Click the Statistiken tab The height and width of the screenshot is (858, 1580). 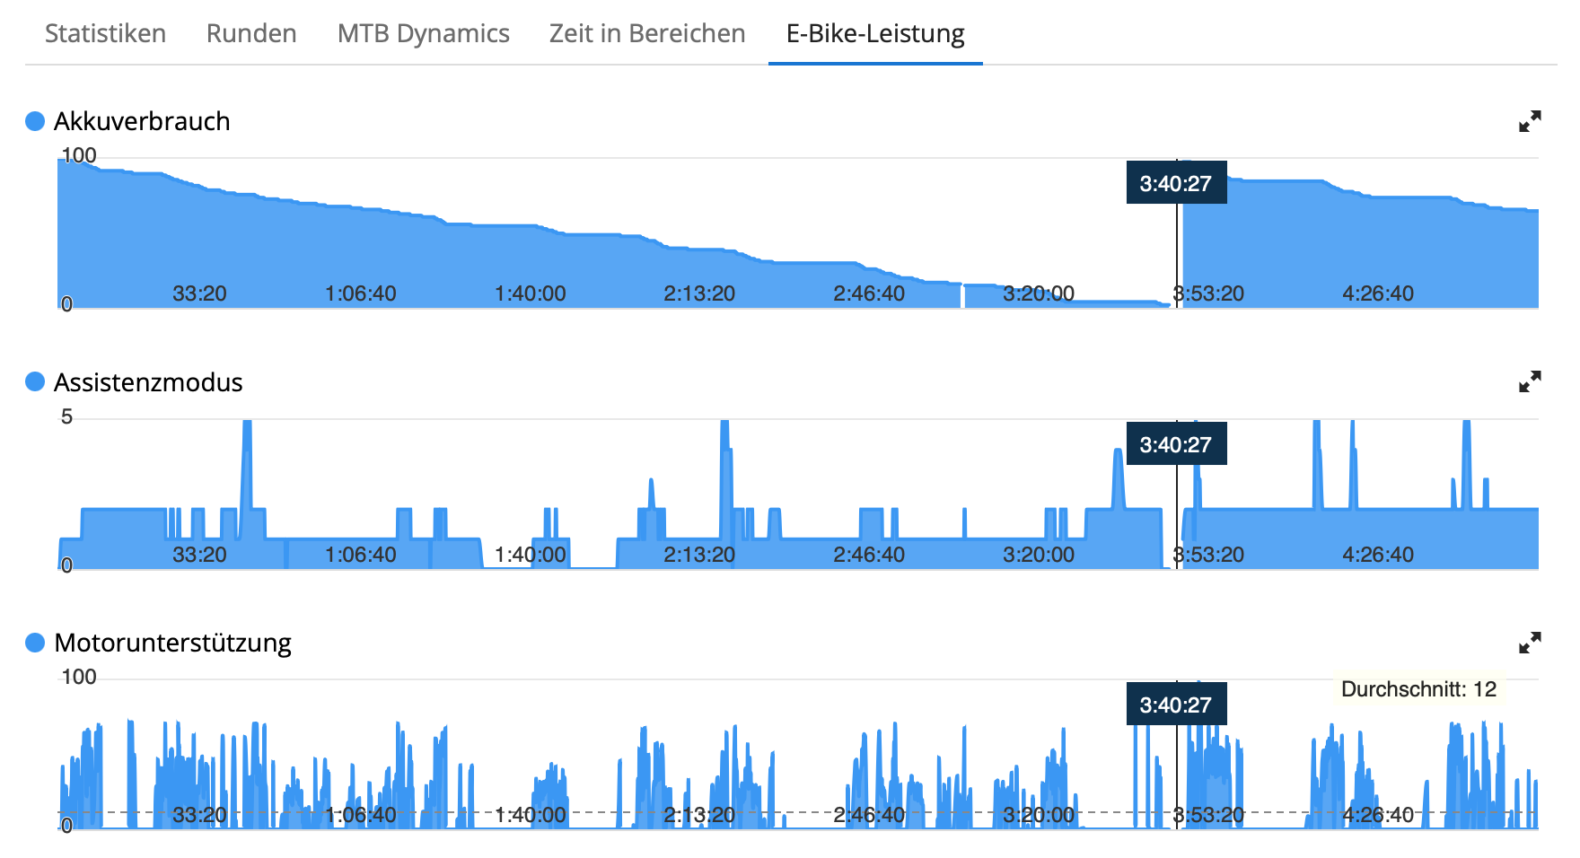pyautogui.click(x=105, y=33)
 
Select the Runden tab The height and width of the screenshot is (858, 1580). pyautogui.click(x=251, y=33)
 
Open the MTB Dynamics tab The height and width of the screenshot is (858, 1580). pyautogui.click(x=423, y=33)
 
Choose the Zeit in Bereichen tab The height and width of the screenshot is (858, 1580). pyautogui.click(x=647, y=33)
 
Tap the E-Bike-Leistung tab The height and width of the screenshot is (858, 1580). pyautogui.click(x=875, y=33)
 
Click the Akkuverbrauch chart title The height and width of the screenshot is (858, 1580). pyautogui.click(x=142, y=121)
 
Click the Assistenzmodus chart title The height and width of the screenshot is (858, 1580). pyautogui.click(x=148, y=382)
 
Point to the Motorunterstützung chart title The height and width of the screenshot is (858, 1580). pyautogui.click(x=172, y=643)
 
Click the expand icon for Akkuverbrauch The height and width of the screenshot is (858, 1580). pyautogui.click(x=1530, y=121)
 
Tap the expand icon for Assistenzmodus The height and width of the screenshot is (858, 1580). pyautogui.click(x=1530, y=382)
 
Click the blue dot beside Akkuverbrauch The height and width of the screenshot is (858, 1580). pyautogui.click(x=35, y=121)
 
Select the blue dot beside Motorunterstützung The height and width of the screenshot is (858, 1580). pyautogui.click(x=35, y=643)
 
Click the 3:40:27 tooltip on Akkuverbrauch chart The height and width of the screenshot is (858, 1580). pyautogui.click(x=1176, y=183)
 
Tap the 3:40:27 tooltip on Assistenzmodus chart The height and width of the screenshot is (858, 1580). pyautogui.click(x=1176, y=444)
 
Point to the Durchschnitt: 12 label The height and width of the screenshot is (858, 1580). pyautogui.click(x=1418, y=689)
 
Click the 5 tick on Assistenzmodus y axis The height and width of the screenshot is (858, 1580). pyautogui.click(x=66, y=416)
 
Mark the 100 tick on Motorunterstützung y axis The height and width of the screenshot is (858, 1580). pyautogui.click(x=78, y=677)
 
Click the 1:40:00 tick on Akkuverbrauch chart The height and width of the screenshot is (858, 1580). pyautogui.click(x=530, y=293)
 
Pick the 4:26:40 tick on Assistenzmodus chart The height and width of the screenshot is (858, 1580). pyautogui.click(x=1377, y=555)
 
